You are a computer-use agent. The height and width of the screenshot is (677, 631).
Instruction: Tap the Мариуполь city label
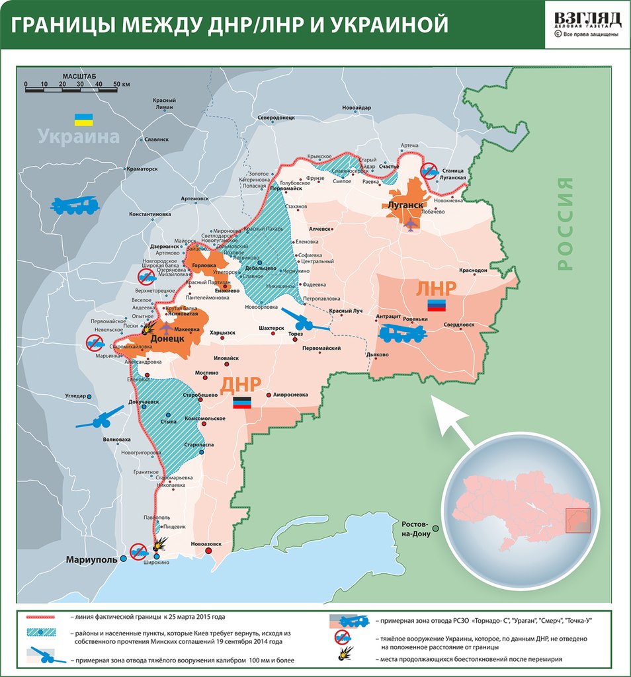91,559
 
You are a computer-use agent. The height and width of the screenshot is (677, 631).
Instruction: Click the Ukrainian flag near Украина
83,120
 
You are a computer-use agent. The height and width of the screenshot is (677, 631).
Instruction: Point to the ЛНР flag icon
437,304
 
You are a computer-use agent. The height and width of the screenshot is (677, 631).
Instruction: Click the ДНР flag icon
241,403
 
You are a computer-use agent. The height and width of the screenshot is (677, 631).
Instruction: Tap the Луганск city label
405,205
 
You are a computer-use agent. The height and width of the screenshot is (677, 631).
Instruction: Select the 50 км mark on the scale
120,85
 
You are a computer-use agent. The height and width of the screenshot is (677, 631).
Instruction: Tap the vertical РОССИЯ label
564,223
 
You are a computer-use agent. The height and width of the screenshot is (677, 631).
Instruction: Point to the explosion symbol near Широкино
159,545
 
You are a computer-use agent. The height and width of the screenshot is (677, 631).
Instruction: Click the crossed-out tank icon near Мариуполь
138,550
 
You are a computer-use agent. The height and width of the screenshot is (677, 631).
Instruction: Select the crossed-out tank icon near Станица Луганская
429,171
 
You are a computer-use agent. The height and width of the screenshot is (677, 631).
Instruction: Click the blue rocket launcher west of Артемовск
75,206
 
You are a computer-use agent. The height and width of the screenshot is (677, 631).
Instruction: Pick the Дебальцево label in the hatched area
260,268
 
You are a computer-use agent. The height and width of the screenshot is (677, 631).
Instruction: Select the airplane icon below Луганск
410,225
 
